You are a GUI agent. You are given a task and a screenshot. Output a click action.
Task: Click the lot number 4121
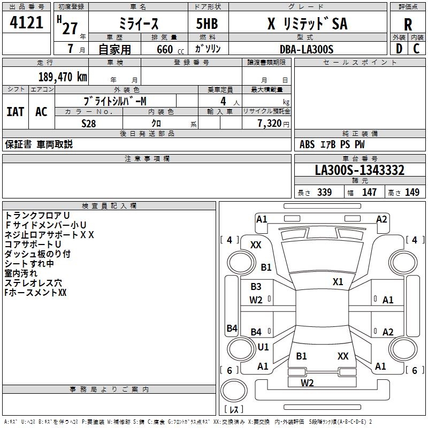point(26,22)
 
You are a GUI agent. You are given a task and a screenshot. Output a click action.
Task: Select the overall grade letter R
point(408,25)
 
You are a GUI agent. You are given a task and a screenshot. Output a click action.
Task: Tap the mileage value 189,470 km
point(63,77)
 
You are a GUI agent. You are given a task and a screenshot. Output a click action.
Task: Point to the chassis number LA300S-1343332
point(360,170)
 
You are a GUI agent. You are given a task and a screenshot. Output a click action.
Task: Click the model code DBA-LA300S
point(307,49)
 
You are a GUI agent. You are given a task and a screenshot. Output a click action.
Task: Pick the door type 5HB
point(207,24)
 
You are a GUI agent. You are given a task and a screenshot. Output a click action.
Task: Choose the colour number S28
point(88,124)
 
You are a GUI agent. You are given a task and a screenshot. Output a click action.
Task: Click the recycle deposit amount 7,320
point(270,123)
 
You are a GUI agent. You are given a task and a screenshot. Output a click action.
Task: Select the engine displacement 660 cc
point(170,49)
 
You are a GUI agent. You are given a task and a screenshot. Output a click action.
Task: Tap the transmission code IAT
point(15,112)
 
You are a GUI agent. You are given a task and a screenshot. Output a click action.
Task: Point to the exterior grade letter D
point(399,49)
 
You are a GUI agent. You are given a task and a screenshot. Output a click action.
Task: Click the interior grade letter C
point(416,49)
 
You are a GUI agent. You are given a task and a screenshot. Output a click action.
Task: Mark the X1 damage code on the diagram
point(338,282)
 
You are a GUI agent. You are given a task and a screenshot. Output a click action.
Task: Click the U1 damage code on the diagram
point(263,347)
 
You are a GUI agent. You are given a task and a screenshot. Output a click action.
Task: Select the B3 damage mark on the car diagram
point(256,287)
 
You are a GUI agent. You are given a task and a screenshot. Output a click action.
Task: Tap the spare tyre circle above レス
point(234,391)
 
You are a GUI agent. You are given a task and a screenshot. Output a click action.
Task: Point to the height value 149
point(412,192)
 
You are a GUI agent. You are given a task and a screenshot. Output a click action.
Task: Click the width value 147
point(369,192)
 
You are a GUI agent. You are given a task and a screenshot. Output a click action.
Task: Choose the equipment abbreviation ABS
point(307,144)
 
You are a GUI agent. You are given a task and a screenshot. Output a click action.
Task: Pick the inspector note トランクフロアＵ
point(37,216)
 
